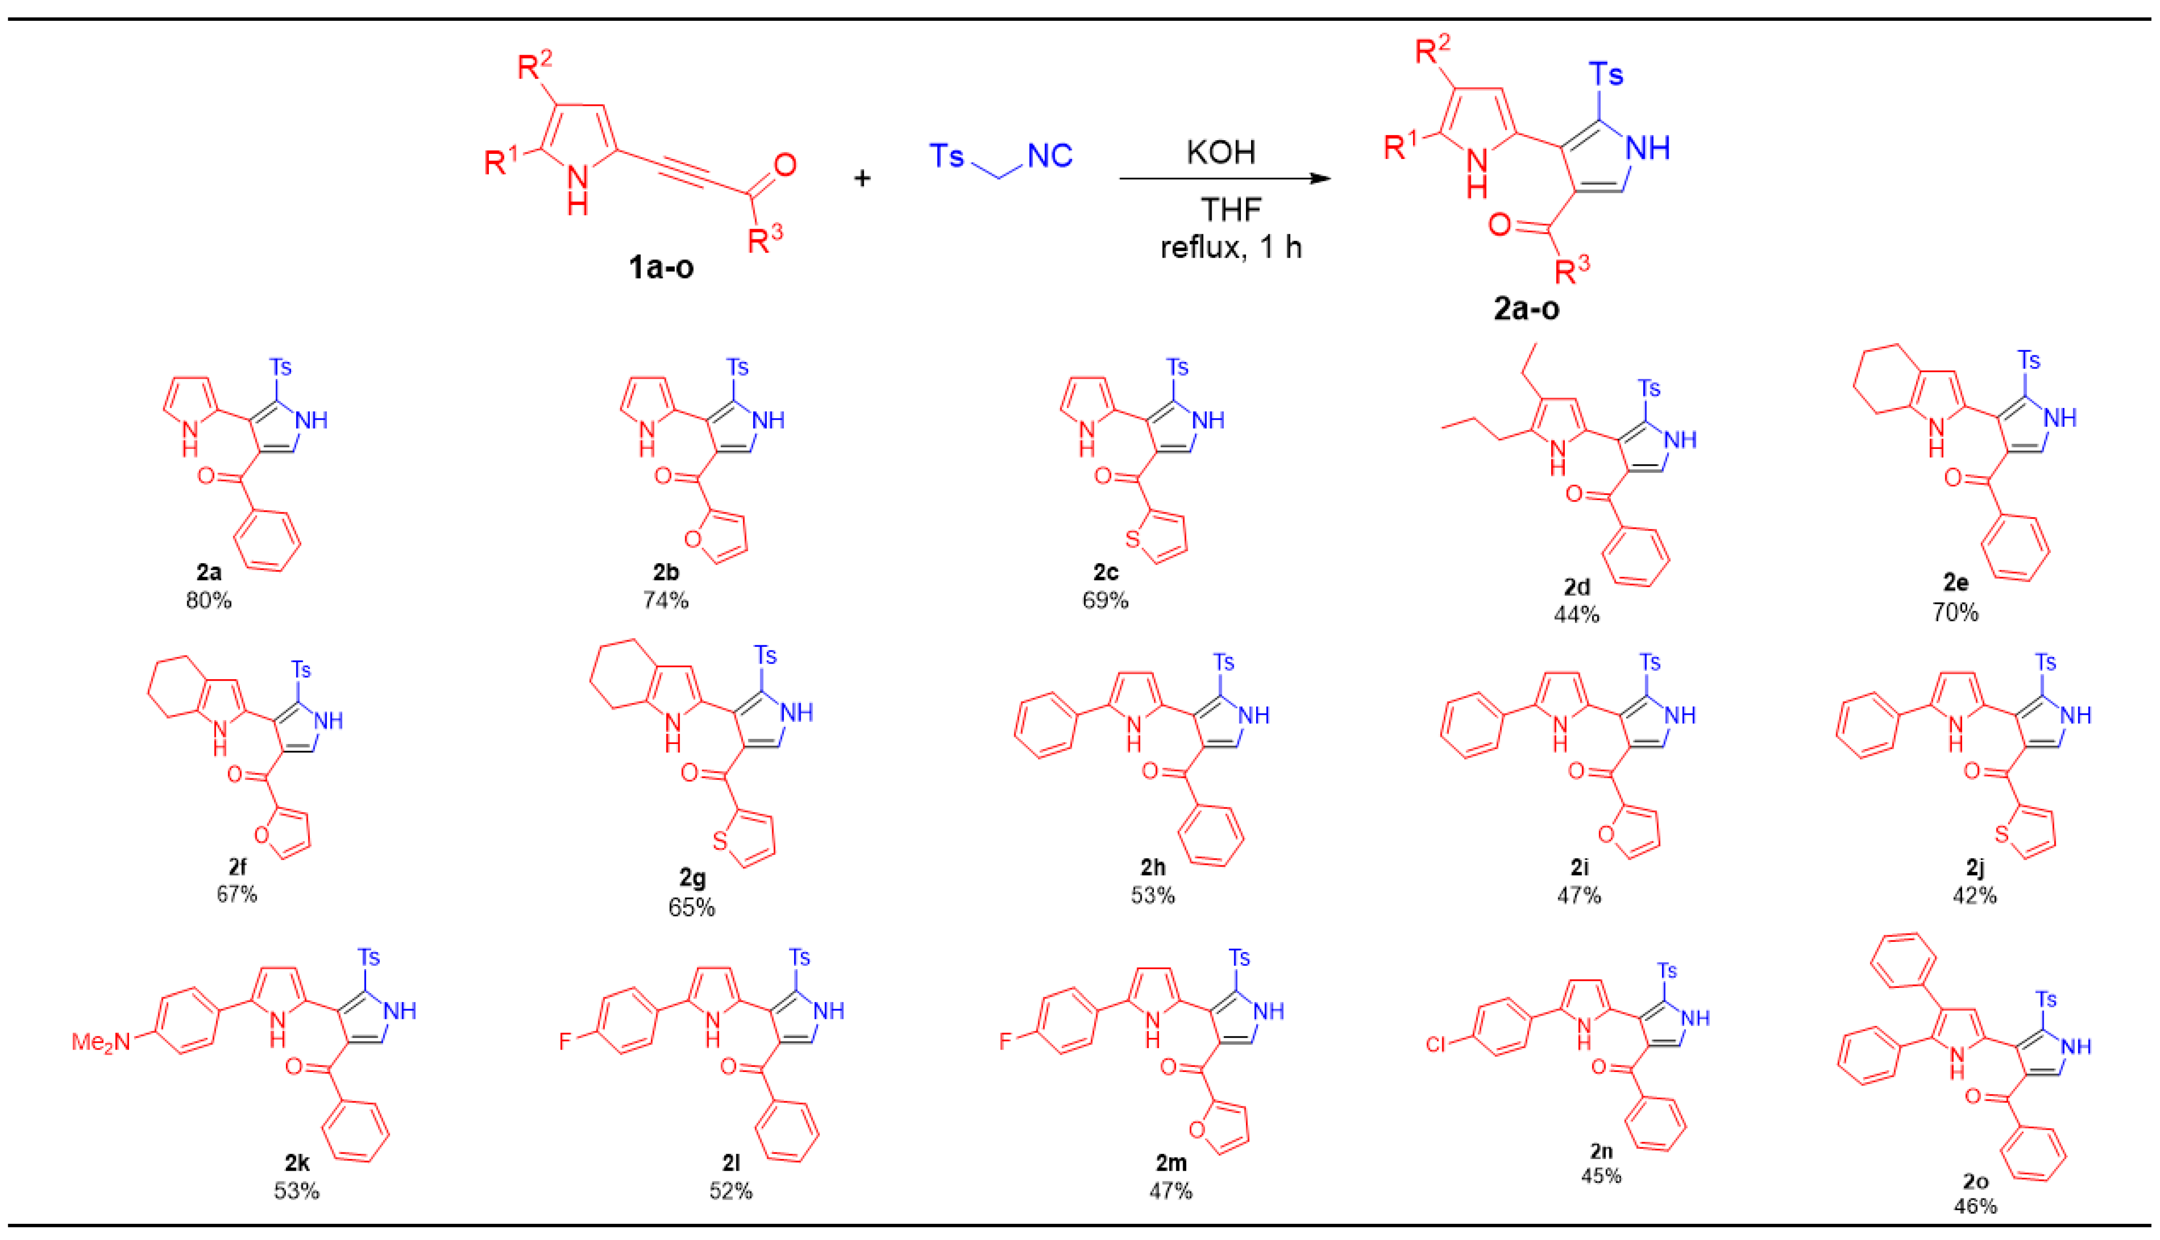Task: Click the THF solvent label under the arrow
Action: click(1230, 210)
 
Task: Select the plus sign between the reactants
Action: click(861, 178)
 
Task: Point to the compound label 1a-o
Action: click(660, 267)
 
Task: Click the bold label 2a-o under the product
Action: click(1526, 308)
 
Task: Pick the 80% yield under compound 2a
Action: click(209, 600)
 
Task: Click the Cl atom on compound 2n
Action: click(1435, 1044)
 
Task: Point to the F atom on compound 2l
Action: click(564, 1041)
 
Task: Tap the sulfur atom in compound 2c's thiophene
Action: click(1132, 538)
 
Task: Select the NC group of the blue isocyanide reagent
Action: click(1049, 156)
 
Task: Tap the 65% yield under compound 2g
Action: click(691, 908)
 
